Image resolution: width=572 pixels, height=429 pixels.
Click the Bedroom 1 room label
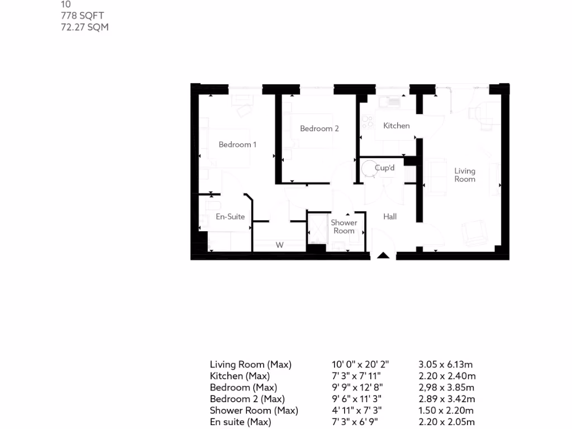coord(237,145)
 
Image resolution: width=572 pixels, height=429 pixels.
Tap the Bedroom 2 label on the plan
coord(320,128)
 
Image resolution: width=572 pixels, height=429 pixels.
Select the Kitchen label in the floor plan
coord(397,126)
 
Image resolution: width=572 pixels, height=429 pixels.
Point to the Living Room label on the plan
coord(465,175)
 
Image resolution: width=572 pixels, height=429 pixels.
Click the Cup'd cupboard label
coord(385,168)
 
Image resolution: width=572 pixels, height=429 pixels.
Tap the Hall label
coord(390,216)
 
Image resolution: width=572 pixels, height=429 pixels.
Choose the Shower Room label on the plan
coord(344,226)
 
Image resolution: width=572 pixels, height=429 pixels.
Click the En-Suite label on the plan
coord(230,217)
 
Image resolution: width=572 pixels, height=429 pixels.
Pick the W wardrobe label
coord(280,245)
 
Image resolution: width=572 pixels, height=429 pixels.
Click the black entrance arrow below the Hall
coord(383,255)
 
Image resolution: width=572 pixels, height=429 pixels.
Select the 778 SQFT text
coord(83,16)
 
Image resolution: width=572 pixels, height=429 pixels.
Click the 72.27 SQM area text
coord(84,27)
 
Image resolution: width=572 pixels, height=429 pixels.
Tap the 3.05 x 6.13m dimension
coord(447,365)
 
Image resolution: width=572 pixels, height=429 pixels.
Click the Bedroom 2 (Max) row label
coord(247,399)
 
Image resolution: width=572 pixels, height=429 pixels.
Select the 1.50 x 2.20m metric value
coord(447,411)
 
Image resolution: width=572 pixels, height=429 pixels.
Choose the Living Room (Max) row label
coord(251,365)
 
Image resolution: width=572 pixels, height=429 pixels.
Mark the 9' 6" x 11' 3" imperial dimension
coord(357,399)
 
